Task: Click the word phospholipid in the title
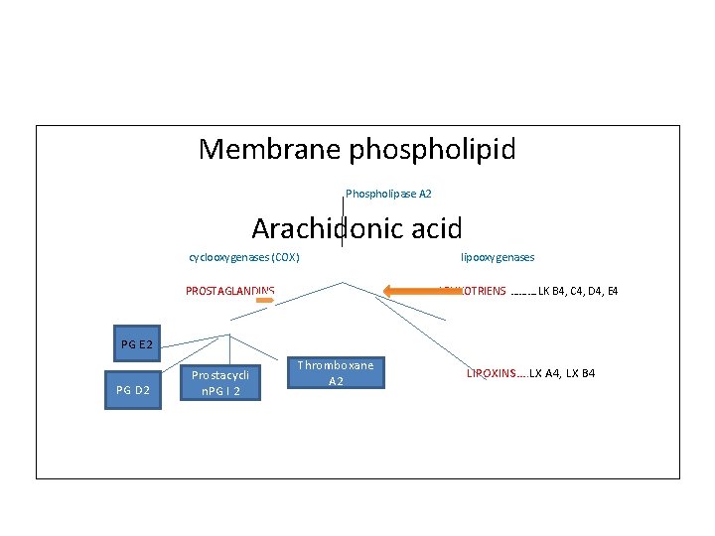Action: (x=431, y=150)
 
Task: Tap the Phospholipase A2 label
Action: (x=388, y=193)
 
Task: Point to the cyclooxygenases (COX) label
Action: (x=244, y=258)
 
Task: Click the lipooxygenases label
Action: (x=498, y=258)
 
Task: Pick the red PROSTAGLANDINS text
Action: (x=230, y=291)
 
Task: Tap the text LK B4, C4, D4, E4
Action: (x=578, y=292)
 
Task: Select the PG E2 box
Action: (x=137, y=345)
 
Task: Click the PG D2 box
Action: (x=132, y=390)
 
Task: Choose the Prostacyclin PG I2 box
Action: (x=224, y=382)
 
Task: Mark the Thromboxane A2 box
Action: (x=336, y=373)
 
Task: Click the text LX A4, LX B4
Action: (x=562, y=373)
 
